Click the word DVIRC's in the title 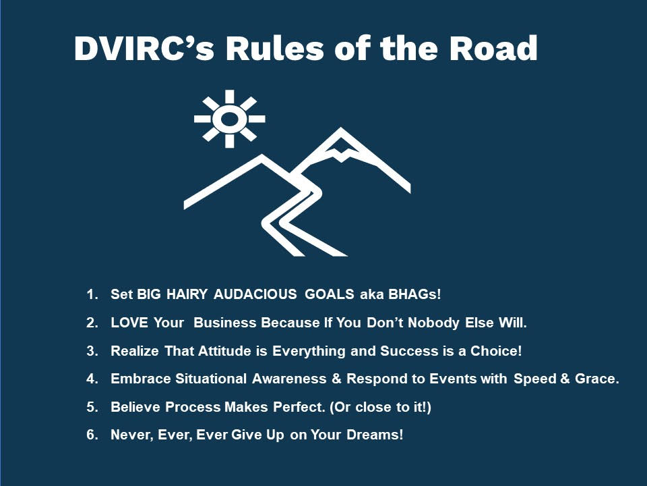pos(144,49)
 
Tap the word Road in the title pos(493,49)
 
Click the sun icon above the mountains pos(229,119)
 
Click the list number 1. pos(92,294)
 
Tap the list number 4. pos(92,379)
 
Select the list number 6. pos(92,435)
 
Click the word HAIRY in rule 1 pos(187,294)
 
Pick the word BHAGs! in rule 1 pos(414,294)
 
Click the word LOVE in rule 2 pos(129,323)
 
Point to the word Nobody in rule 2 pos(433,323)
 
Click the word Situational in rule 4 pos(211,379)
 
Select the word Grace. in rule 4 pos(597,379)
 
